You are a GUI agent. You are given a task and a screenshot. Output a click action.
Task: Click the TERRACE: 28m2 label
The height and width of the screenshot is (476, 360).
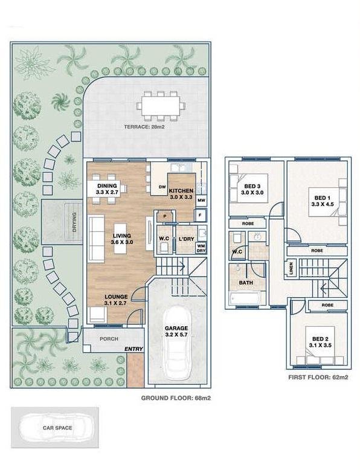(x=144, y=127)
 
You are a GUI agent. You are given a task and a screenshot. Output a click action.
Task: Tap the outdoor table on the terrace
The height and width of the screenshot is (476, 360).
(x=161, y=106)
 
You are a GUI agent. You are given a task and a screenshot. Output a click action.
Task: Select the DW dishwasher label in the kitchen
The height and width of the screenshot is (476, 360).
(x=162, y=187)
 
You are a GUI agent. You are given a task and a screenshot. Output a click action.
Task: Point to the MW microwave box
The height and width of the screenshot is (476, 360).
(x=201, y=201)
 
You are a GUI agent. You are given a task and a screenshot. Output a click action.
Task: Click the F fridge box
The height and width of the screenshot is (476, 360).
(x=201, y=215)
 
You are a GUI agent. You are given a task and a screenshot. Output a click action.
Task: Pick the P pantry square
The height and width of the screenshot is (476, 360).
(x=165, y=216)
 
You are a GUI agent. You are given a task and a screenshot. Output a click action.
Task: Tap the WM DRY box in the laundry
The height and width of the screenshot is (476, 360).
(x=201, y=248)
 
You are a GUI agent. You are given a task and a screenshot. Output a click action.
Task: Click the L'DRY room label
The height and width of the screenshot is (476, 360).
(x=186, y=239)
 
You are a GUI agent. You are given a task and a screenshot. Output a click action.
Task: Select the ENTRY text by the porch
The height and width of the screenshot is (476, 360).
(x=133, y=349)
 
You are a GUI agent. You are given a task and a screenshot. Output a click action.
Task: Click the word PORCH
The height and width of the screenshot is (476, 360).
(x=109, y=339)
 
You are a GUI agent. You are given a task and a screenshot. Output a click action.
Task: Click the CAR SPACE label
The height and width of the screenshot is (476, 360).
(x=57, y=428)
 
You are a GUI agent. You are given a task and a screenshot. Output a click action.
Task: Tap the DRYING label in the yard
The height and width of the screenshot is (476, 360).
(x=75, y=222)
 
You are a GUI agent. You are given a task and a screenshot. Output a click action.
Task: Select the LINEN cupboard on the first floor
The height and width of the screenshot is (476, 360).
(x=291, y=268)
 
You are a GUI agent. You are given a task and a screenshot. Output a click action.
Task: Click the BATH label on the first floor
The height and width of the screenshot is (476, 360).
(x=246, y=283)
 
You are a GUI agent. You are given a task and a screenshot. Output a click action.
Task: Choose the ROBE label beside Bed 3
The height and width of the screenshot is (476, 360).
(x=248, y=224)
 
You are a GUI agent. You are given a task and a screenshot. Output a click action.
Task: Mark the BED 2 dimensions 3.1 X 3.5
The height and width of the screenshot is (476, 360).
(x=320, y=345)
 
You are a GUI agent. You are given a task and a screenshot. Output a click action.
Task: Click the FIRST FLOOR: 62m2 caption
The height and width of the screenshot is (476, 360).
(x=318, y=378)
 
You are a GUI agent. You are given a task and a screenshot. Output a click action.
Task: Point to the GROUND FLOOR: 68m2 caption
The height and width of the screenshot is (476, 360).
(x=176, y=398)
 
